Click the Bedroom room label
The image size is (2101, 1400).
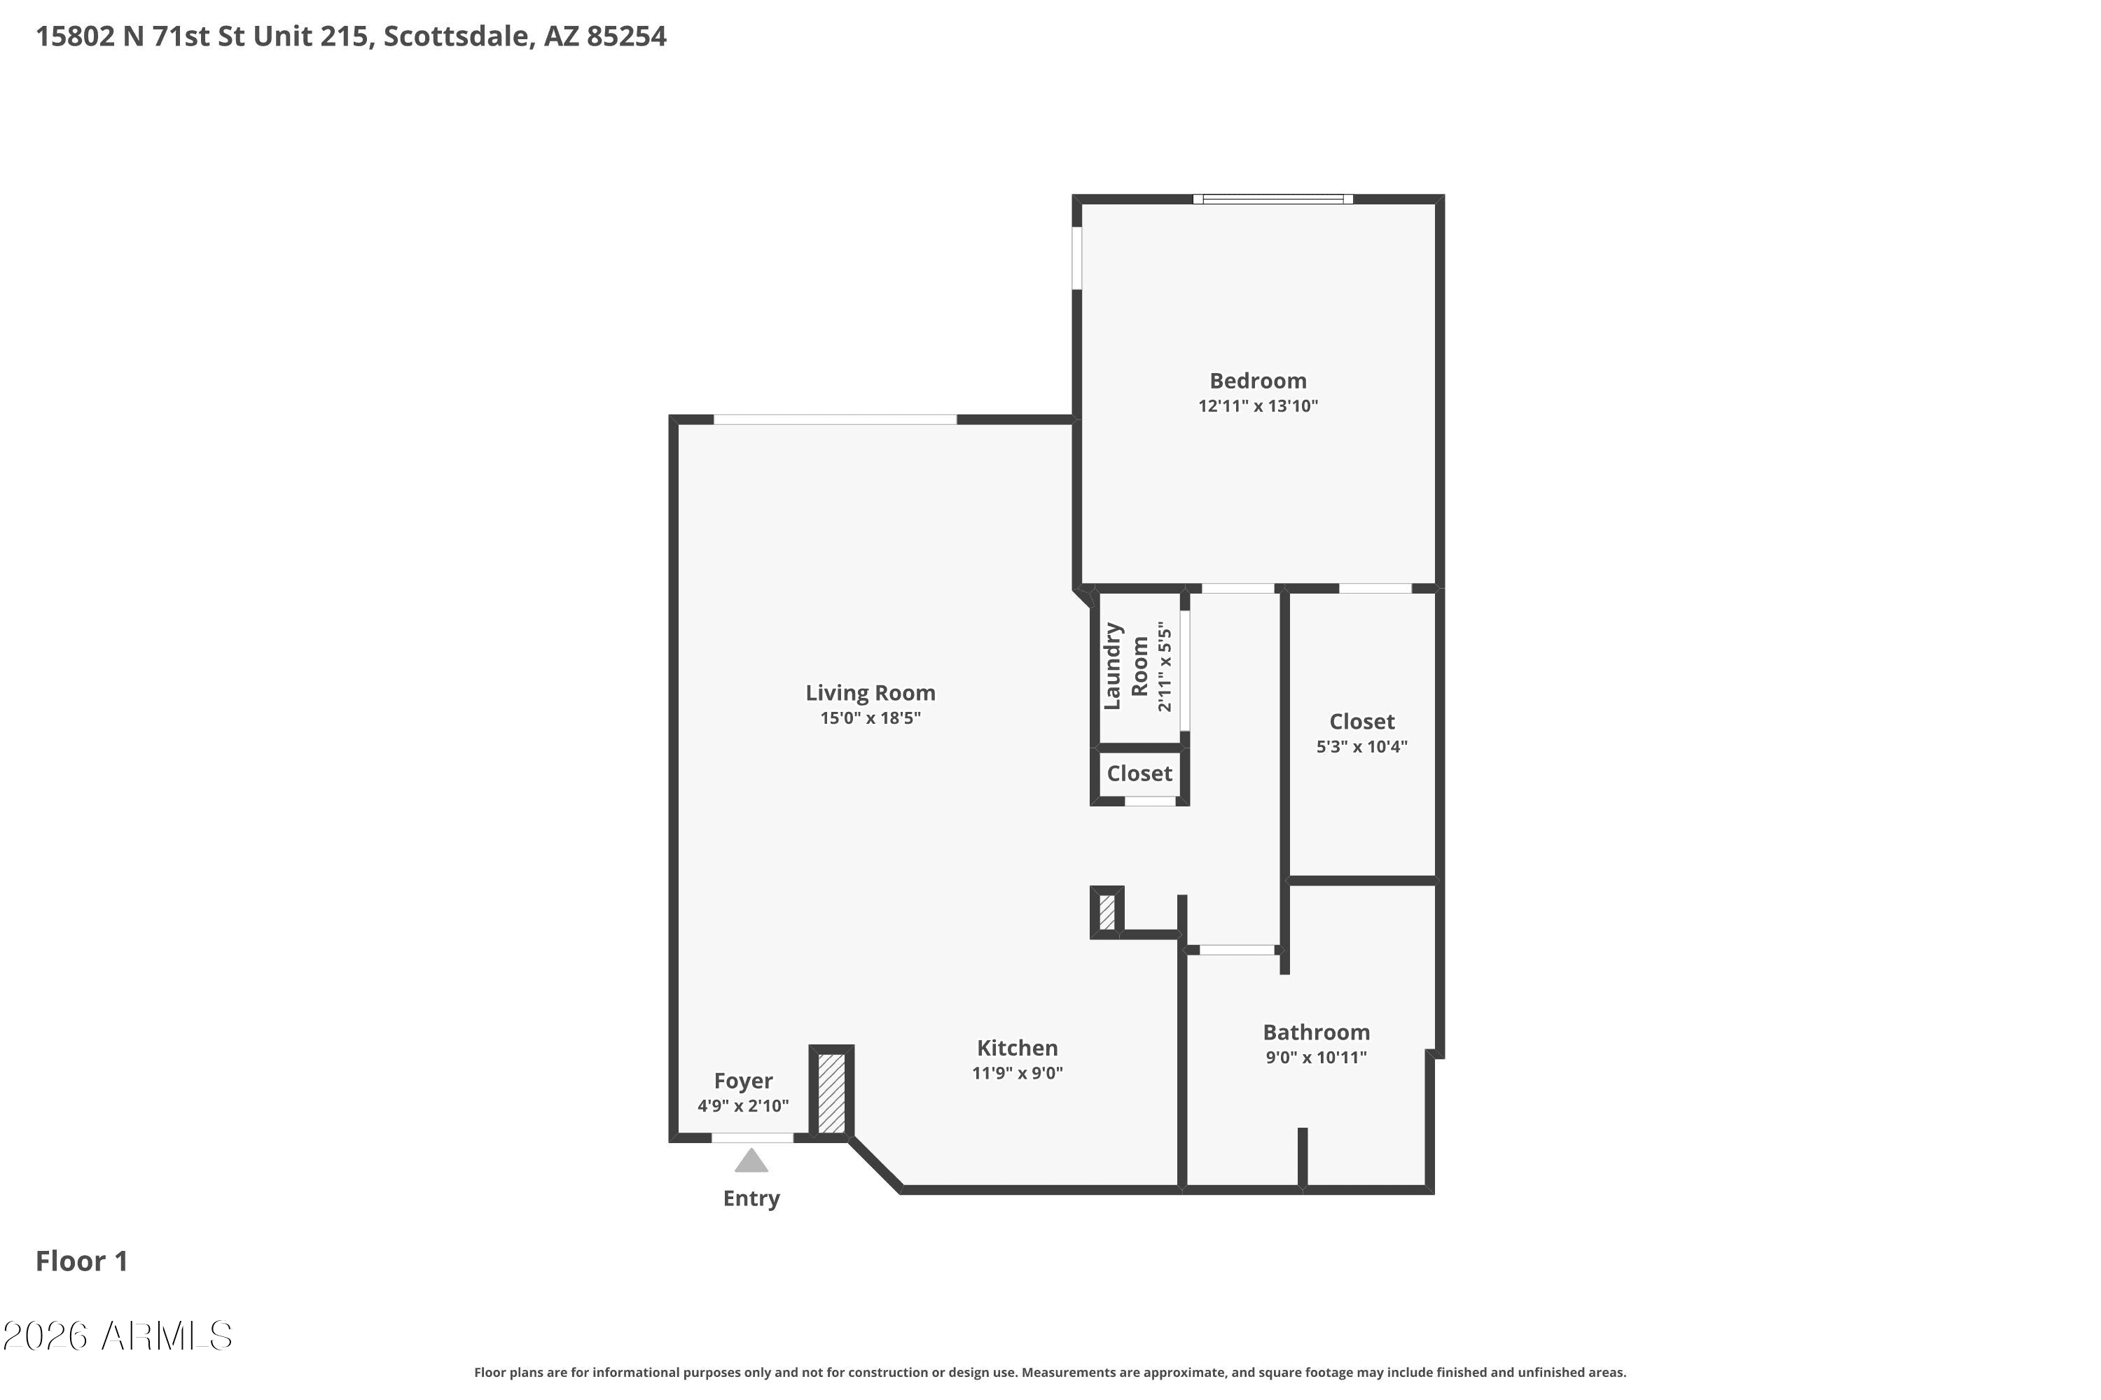pyautogui.click(x=1258, y=381)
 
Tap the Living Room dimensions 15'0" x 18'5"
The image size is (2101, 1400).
pyautogui.click(x=870, y=718)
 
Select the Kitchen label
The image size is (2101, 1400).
pyautogui.click(x=1017, y=1048)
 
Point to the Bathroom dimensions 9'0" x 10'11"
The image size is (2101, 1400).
pyautogui.click(x=1316, y=1058)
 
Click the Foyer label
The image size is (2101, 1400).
pyautogui.click(x=743, y=1081)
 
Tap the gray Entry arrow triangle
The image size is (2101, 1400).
pyautogui.click(x=751, y=1161)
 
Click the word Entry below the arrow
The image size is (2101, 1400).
pyautogui.click(x=751, y=1198)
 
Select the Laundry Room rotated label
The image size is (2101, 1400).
pyautogui.click(x=1125, y=666)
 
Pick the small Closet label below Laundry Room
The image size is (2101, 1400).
pyautogui.click(x=1139, y=773)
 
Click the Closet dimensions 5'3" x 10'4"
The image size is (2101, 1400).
pyautogui.click(x=1361, y=746)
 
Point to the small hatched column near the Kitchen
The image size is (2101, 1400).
pyautogui.click(x=1107, y=911)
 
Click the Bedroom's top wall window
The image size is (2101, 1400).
pyautogui.click(x=1273, y=199)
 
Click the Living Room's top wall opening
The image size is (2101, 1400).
pyautogui.click(x=835, y=419)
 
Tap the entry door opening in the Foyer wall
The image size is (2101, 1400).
pyautogui.click(x=752, y=1137)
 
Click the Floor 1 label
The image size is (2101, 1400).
pyautogui.click(x=81, y=1261)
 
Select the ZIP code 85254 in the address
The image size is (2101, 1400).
pyautogui.click(x=626, y=36)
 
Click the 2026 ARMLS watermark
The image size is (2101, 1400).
pyautogui.click(x=117, y=1336)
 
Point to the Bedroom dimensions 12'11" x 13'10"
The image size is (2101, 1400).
pyautogui.click(x=1258, y=406)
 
